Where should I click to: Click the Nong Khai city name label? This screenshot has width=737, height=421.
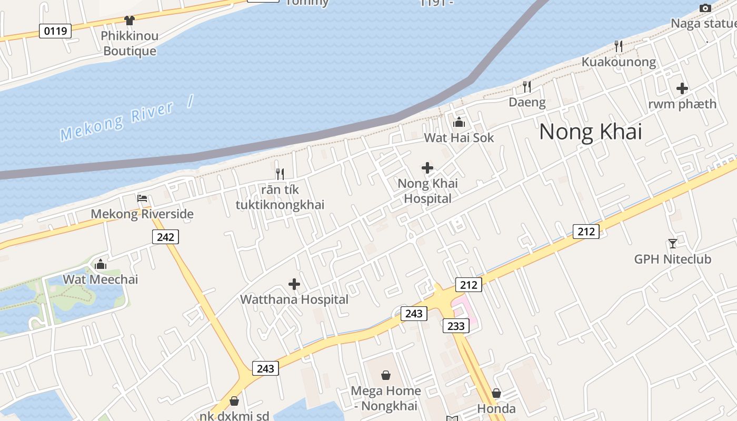pos(590,132)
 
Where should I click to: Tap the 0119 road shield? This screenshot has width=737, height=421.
pos(55,31)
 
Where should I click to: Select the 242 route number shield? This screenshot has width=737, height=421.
pos(165,237)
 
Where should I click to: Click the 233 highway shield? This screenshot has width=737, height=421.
pos(456,326)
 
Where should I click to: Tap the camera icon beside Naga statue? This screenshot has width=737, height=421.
pos(705,8)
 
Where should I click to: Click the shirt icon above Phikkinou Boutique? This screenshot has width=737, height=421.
pos(129,21)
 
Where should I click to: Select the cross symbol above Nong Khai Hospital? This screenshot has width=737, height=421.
pos(427,168)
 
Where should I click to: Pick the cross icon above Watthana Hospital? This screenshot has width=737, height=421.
pos(294,285)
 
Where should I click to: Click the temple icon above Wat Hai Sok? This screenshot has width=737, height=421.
pos(459,122)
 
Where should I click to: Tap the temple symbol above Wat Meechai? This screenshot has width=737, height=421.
pos(100,264)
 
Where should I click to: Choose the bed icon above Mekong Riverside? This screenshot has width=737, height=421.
pos(142,198)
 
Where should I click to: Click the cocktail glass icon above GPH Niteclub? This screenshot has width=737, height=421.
pos(672,243)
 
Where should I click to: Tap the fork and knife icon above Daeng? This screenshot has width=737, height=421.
pos(526,86)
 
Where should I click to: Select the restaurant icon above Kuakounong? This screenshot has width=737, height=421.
pos(619,46)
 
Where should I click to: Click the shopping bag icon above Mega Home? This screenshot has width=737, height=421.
pos(386,375)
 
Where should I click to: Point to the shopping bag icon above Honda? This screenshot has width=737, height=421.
pos(496,393)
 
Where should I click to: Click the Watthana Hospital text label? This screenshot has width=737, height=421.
pos(294,299)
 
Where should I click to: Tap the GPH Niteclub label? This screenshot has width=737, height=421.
pos(672,259)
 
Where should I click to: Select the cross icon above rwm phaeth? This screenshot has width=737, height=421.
pos(682,88)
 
